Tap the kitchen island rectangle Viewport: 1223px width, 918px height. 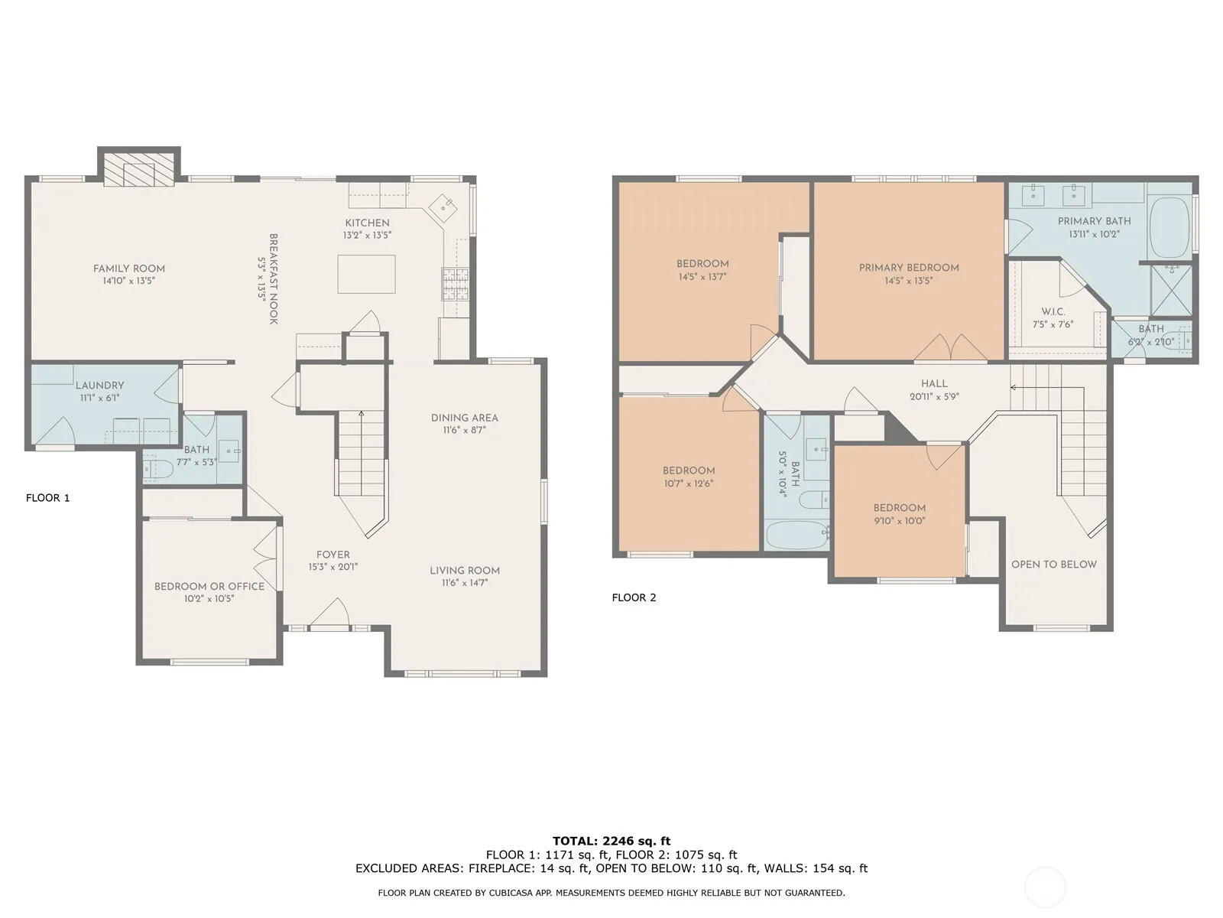366,274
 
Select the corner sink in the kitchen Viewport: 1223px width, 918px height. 443,208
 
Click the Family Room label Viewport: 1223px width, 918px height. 128,269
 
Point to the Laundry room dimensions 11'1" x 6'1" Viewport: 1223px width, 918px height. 99,398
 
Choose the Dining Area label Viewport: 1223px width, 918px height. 465,418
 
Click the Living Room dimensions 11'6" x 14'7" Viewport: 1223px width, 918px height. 465,583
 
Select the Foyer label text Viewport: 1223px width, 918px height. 333,555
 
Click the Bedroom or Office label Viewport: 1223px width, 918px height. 209,586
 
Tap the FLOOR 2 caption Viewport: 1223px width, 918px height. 634,597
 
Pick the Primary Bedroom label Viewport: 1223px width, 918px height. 909,268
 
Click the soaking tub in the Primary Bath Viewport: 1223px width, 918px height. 1170,226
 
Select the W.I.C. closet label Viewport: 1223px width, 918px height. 1053,311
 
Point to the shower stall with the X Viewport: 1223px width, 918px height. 1172,291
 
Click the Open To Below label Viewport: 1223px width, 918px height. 1054,564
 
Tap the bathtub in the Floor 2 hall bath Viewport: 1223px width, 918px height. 796,535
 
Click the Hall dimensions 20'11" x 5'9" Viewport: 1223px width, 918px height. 934,397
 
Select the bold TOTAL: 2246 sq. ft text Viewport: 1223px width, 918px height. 611,841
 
